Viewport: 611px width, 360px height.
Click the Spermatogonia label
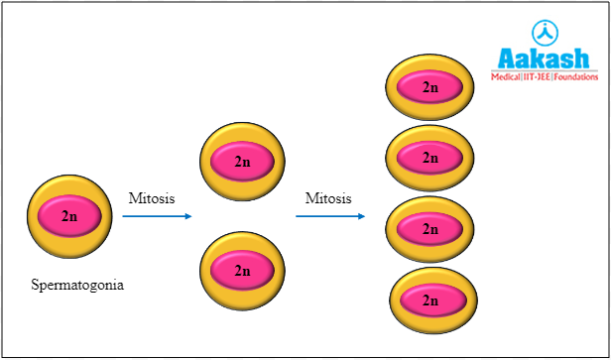coord(77,287)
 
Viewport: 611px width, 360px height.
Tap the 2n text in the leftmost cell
coord(69,215)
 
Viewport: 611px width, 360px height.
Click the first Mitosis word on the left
coord(152,197)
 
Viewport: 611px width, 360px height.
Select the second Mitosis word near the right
coord(328,197)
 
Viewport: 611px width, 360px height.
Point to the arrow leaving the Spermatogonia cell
coord(159,215)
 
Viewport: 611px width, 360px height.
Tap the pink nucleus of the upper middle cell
coord(242,161)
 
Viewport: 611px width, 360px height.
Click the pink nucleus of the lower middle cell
coord(242,269)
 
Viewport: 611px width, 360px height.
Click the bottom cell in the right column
coord(430,299)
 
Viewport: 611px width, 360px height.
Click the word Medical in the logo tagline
coord(510,75)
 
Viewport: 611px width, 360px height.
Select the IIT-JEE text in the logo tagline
coord(542,75)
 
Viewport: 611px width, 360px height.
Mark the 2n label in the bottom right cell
coord(430,300)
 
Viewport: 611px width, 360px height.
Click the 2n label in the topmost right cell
coord(429,87)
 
